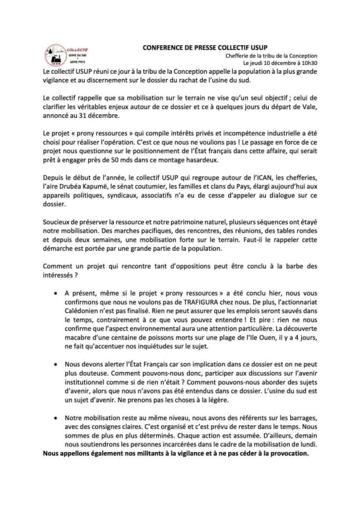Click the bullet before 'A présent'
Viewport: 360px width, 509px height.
(56, 293)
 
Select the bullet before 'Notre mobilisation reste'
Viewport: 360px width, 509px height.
(56, 418)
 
